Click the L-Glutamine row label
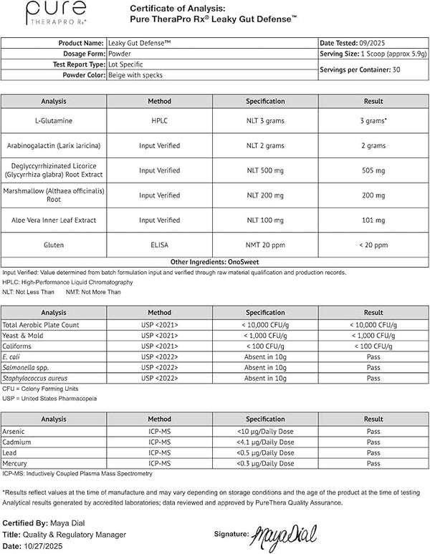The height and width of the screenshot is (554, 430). (x=54, y=121)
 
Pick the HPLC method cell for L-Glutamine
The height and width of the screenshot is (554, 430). (x=159, y=121)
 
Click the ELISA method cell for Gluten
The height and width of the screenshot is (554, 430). (x=159, y=245)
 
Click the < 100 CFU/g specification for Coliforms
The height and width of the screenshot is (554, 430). (x=265, y=345)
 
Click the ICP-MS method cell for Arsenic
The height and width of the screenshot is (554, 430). (x=159, y=431)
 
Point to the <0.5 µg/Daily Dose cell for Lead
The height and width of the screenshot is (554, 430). (x=265, y=453)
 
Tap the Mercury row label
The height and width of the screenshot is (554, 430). (x=16, y=464)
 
